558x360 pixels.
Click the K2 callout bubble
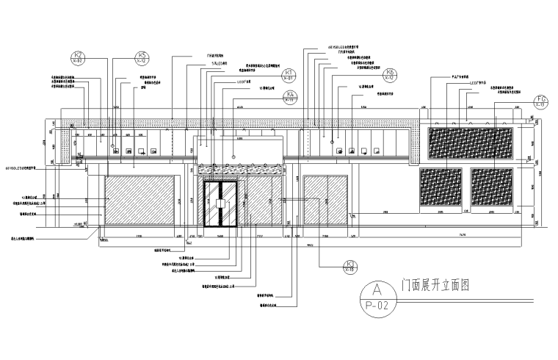click(x=80, y=59)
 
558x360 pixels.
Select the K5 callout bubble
click(x=142, y=59)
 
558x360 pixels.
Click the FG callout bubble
click(x=542, y=102)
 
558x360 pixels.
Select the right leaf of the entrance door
click(x=227, y=208)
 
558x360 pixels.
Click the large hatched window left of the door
click(x=140, y=201)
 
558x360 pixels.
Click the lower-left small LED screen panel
click(x=441, y=189)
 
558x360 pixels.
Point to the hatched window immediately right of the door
click(x=259, y=201)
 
